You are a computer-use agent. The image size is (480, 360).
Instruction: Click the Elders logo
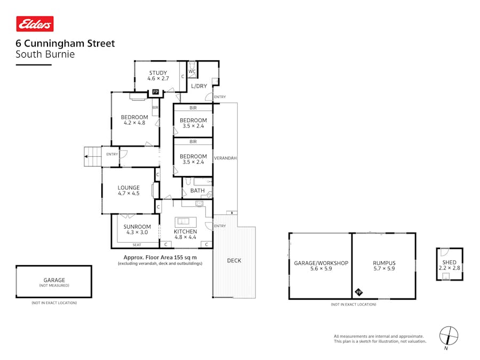pos(35,24)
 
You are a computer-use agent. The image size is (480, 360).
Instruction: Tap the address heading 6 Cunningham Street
pos(65,44)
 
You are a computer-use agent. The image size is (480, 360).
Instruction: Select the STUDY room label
pos(158,73)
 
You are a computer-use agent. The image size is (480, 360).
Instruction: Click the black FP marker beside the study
pos(156,92)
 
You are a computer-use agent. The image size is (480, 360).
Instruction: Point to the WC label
pos(192,71)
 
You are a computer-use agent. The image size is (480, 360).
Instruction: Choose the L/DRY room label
pos(199,86)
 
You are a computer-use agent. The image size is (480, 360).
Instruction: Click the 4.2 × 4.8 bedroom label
pos(134,117)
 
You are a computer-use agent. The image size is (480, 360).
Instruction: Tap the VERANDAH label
pos(225,158)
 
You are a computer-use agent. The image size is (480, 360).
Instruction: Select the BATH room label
pos(197,190)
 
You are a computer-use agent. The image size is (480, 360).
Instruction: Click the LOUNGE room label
pos(129,188)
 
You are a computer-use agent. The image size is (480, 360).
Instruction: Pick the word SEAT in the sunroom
pos(137,245)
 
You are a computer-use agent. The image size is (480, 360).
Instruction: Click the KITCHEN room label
pos(185,231)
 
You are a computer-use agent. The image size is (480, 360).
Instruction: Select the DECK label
pos(234,260)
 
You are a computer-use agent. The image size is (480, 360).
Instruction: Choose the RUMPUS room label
pos(384,263)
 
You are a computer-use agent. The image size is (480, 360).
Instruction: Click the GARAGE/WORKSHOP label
pos(321,263)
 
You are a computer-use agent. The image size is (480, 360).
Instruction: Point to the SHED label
pos(449,262)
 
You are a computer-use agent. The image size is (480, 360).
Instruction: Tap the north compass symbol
pos(449,336)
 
